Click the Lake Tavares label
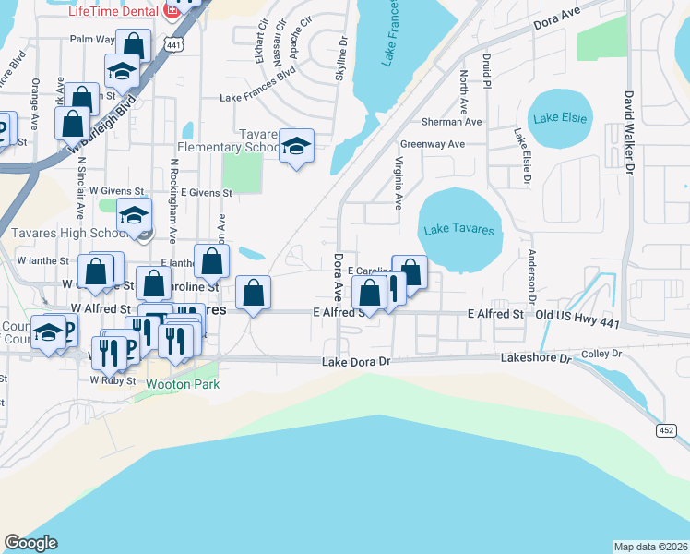(458, 230)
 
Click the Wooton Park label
(183, 384)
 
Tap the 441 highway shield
(173, 43)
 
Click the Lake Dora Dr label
(357, 363)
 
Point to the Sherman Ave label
(452, 122)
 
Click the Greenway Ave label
(432, 144)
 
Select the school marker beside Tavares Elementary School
(296, 146)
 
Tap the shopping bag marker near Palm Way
(134, 44)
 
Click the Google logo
(31, 543)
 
